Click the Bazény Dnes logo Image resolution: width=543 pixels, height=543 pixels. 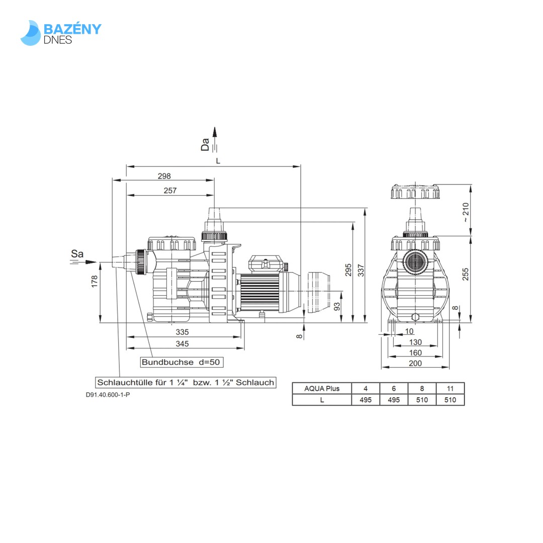61,33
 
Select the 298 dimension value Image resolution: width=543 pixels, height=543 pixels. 164,176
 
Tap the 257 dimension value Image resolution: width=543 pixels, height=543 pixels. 170,191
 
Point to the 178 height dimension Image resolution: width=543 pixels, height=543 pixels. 95,281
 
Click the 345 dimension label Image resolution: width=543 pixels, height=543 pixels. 182,344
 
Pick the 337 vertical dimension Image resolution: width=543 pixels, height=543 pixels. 360,270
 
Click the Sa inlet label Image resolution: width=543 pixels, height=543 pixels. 77,254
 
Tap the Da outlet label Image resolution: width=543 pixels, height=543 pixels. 205,145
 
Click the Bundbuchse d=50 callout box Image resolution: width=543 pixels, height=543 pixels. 181,362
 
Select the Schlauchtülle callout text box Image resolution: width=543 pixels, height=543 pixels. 186,382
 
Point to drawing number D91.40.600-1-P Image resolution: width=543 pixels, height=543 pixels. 108,395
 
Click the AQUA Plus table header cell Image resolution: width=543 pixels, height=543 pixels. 322,388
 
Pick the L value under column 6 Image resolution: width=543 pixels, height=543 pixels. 394,400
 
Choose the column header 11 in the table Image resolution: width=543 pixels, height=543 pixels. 450,388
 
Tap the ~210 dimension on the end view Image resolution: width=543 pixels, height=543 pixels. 466,212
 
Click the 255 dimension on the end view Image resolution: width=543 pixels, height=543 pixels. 466,274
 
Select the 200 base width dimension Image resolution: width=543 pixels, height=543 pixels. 415,363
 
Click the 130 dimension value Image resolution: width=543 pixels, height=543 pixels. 415,342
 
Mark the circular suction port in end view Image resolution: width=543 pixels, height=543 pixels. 415,261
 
